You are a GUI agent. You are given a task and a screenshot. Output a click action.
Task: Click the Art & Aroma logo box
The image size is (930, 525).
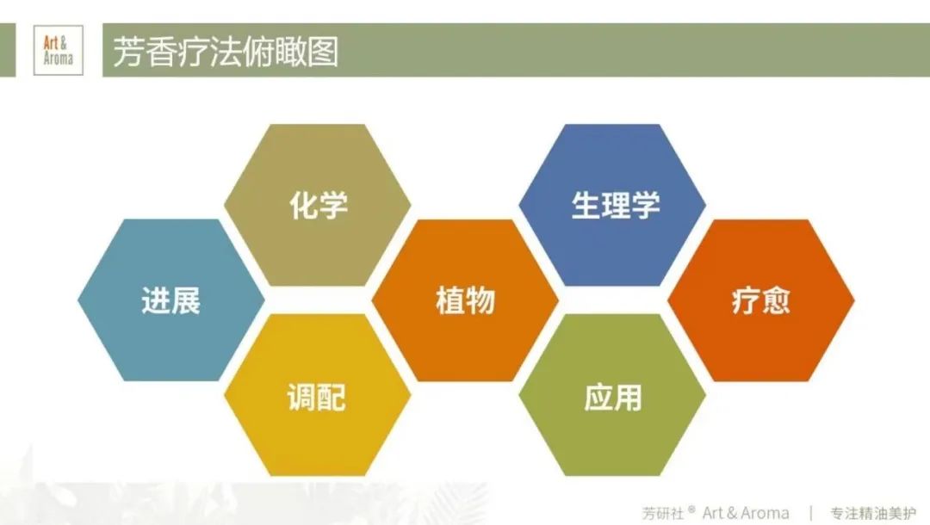point(59,51)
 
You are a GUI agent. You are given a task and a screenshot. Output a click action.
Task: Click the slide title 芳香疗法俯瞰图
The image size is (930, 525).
point(226,52)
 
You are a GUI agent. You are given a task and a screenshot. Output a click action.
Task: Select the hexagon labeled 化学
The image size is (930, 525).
point(317,205)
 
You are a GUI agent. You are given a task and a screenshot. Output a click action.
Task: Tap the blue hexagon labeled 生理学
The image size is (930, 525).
point(612,205)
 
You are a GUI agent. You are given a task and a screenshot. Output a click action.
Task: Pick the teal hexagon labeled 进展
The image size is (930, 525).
point(170,300)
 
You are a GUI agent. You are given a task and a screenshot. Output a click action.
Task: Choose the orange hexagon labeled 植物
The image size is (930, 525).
point(465,300)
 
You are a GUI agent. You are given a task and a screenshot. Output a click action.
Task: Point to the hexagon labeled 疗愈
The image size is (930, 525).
point(761,300)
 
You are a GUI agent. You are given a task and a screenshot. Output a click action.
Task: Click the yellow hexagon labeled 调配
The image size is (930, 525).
point(317,395)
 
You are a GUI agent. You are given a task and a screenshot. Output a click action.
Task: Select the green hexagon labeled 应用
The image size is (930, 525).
point(612,395)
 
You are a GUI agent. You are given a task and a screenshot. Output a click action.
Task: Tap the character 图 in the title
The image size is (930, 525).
point(323,52)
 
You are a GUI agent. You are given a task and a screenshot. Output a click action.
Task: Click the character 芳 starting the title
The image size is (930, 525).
point(128,52)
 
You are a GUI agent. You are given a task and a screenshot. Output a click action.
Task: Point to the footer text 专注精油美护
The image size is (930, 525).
point(873,513)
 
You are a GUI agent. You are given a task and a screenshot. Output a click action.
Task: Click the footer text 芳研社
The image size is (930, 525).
point(663,513)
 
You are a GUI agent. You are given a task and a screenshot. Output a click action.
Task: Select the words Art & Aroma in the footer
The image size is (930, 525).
point(746,513)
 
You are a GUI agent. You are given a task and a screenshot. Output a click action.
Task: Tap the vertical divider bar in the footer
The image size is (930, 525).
point(810,513)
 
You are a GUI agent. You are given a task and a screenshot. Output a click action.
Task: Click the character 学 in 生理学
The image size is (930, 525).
point(645,205)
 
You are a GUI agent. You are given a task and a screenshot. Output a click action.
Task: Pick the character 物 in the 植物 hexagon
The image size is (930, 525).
point(480,300)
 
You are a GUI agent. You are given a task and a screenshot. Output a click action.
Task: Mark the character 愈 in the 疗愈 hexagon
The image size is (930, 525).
point(776,300)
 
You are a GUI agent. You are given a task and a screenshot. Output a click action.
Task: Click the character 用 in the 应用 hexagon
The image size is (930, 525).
point(628,397)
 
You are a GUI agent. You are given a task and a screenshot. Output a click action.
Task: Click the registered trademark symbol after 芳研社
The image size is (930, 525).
point(691,509)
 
